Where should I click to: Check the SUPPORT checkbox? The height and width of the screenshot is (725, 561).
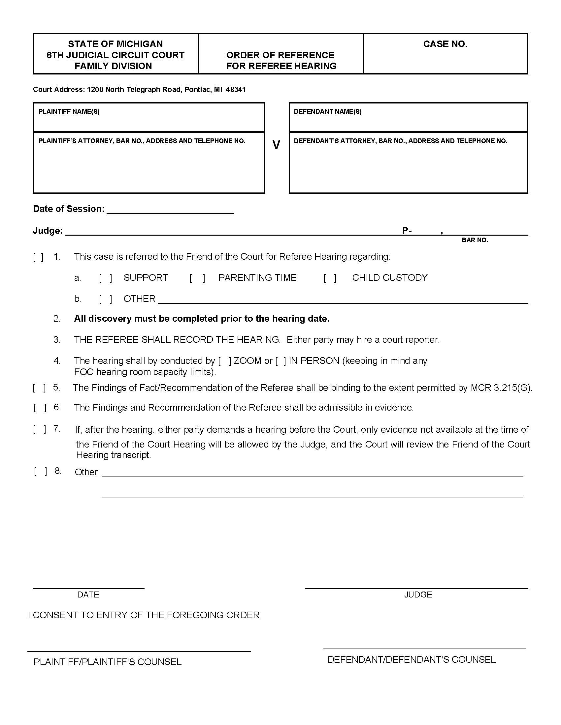click(105, 278)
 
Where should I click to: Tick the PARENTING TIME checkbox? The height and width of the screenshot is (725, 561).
click(197, 278)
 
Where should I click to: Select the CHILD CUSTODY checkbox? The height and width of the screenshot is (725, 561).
click(330, 278)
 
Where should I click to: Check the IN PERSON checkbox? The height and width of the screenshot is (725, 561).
click(280, 361)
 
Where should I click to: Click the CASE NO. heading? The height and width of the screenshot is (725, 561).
click(445, 44)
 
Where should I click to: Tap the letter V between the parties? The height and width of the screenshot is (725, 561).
click(276, 145)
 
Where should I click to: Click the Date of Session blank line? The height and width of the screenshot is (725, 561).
click(171, 210)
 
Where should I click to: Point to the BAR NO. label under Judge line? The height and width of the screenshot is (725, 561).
click(475, 240)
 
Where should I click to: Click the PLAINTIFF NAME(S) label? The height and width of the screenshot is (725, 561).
click(69, 111)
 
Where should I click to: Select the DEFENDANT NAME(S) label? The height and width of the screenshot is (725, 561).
click(328, 111)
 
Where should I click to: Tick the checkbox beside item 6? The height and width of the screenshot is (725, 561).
click(40, 408)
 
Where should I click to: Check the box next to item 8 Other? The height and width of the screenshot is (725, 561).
click(40, 471)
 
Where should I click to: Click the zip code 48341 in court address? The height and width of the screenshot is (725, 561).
click(236, 90)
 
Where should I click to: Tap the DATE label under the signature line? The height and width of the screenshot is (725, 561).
click(88, 594)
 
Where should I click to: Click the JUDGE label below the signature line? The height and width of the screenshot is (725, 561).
click(418, 594)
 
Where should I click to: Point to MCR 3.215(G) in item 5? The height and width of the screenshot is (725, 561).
click(501, 388)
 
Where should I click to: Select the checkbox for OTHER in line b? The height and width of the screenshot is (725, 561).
click(105, 299)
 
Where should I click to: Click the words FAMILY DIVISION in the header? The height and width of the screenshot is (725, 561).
click(113, 66)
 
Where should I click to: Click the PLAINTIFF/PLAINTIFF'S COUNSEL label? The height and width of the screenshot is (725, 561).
click(107, 662)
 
